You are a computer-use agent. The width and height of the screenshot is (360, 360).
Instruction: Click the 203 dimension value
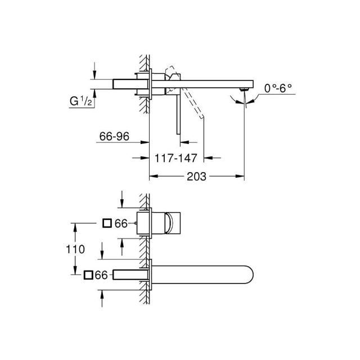pos(196,177)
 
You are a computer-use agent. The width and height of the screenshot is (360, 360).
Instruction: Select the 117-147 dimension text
pos(176,158)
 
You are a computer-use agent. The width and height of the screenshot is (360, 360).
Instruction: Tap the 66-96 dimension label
pos(114,136)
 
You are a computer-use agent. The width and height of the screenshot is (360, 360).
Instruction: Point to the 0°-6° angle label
pos(278,88)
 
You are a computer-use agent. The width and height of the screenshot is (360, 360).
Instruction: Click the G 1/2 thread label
pos(81,101)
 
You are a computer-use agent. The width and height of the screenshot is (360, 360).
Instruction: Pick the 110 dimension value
pos(75,249)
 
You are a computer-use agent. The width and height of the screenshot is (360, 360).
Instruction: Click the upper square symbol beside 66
pos(107,223)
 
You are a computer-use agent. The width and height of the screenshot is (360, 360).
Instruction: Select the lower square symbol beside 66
pos(88,275)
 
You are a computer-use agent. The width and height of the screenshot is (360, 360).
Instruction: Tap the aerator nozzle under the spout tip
pos(244,89)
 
